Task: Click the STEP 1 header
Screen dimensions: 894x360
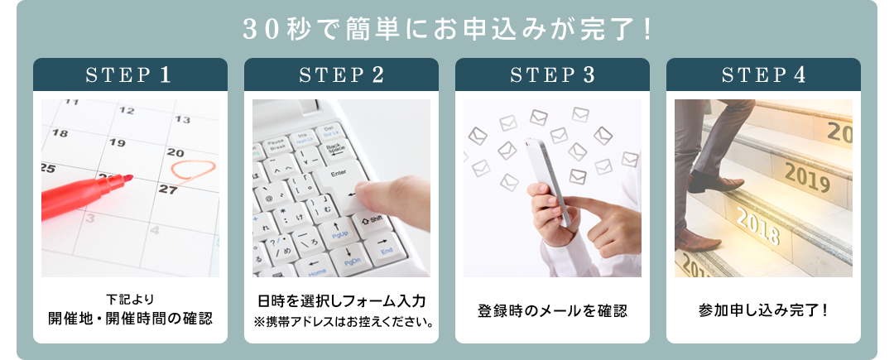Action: coord(130,74)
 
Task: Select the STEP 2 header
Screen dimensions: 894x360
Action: coord(341,74)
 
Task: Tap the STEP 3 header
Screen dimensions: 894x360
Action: coord(552,74)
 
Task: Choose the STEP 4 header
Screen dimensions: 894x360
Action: coord(763,74)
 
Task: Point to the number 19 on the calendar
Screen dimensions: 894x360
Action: coord(117,142)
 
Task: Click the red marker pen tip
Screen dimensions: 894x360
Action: coord(128,178)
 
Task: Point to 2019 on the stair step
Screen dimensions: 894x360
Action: coord(807,177)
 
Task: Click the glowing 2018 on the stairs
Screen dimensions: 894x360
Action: coord(757,226)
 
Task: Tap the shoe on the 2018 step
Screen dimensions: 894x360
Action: coord(698,240)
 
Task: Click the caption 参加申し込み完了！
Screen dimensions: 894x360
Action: coord(763,311)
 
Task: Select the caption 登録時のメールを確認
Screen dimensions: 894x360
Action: coord(552,311)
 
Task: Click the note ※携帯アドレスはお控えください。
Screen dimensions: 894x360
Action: coord(341,322)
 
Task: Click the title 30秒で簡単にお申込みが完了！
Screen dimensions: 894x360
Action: coord(446,30)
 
